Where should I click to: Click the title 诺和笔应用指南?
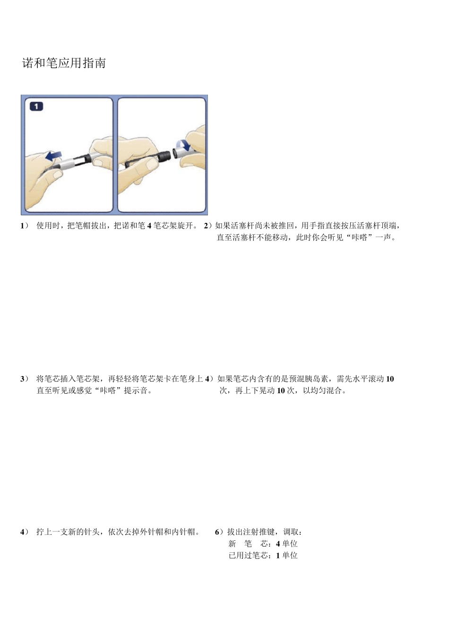[x=64, y=63]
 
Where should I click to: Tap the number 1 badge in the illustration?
[x=36, y=106]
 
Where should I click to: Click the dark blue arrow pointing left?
[x=54, y=156]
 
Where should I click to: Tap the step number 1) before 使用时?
[x=24, y=226]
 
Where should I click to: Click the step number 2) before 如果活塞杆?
[x=208, y=226]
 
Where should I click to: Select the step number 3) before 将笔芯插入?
[x=24, y=379]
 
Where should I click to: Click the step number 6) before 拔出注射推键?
[x=219, y=532]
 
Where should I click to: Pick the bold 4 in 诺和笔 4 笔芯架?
[x=149, y=226]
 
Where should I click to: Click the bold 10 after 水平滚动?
[x=390, y=379]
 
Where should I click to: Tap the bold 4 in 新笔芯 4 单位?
[x=278, y=544]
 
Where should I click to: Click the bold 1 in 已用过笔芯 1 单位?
[x=278, y=556]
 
